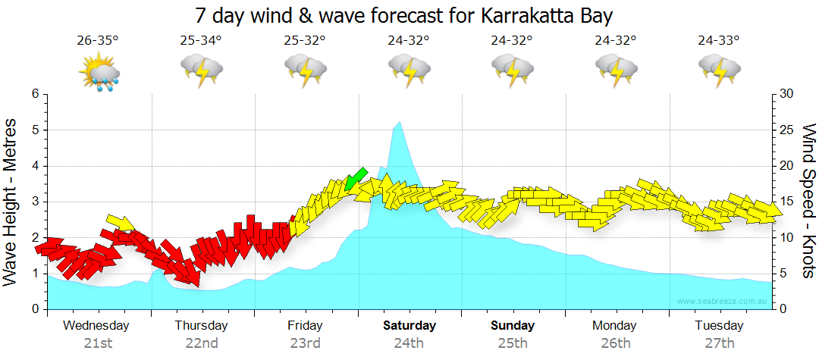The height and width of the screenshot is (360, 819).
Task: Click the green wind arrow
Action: (x=355, y=179)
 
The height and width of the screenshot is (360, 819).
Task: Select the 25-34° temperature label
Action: (x=201, y=41)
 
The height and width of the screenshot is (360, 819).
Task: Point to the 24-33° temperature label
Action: (x=719, y=41)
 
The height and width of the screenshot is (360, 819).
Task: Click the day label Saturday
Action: (x=409, y=326)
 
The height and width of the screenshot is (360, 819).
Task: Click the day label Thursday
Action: (x=201, y=326)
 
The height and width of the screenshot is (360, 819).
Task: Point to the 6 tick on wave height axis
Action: (x=34, y=94)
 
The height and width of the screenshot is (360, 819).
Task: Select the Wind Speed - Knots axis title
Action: (x=808, y=201)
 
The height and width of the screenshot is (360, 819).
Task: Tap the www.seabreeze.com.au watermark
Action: (x=723, y=301)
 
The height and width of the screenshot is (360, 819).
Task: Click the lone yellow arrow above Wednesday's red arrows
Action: (x=120, y=221)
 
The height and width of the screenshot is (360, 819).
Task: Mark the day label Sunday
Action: (x=513, y=326)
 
